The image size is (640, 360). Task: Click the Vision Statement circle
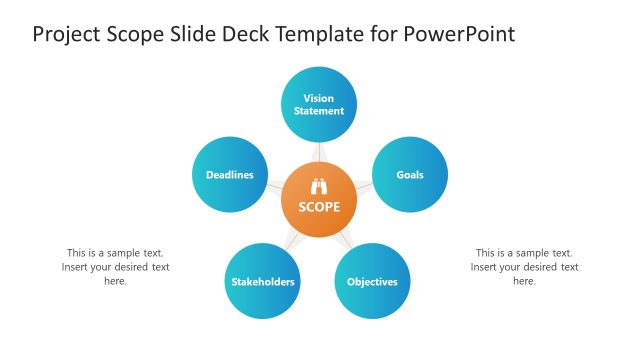[319, 105]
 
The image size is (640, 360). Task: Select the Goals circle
[409, 175]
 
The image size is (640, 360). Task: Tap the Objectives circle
[372, 281]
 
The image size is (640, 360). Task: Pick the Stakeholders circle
[263, 281]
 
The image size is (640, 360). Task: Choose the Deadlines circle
[230, 175]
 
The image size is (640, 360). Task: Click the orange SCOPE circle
[319, 200]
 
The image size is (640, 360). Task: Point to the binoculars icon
[320, 186]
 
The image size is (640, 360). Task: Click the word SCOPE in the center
[319, 208]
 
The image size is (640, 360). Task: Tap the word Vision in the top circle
[319, 98]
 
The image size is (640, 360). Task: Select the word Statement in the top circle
[319, 111]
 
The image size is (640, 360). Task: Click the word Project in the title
[68, 35]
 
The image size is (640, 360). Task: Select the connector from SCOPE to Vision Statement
[319, 152]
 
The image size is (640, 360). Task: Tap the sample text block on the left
[115, 267]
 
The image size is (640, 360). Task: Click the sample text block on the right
[524, 267]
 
